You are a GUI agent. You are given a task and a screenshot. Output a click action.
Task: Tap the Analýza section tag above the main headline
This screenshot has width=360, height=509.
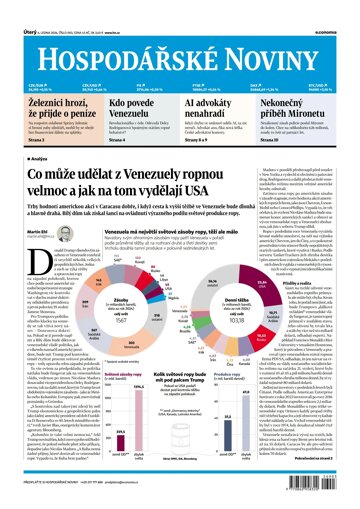(x=31, y=156)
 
